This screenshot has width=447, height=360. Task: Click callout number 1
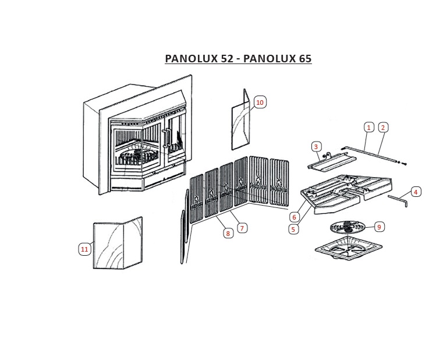(369, 127)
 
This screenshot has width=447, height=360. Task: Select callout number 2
(383, 127)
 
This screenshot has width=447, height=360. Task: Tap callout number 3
(316, 147)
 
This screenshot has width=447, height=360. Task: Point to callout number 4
(416, 192)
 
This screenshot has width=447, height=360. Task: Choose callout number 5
(293, 229)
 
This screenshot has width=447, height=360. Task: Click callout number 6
(294, 217)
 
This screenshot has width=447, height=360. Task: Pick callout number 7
(242, 228)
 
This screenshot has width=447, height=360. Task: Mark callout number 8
(228, 234)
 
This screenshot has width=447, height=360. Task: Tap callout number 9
(379, 227)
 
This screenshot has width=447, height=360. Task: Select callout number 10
(260, 103)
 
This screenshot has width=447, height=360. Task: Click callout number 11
(84, 249)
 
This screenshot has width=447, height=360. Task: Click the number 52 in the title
(226, 58)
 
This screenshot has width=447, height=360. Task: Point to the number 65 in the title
(306, 58)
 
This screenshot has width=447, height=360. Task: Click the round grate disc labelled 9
(347, 227)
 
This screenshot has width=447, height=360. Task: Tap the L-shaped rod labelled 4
(398, 200)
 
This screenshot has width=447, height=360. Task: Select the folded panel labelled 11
(118, 243)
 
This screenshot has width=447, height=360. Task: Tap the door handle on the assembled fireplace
(166, 139)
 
